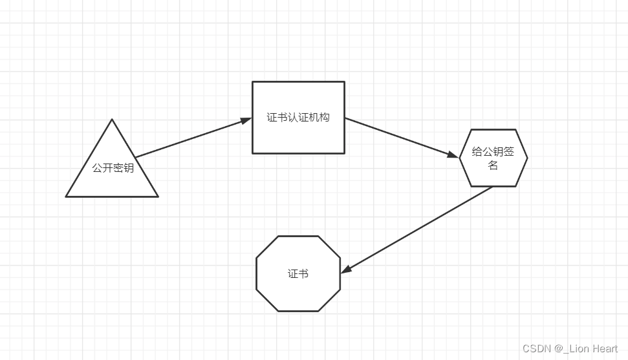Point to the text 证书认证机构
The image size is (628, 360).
tap(298, 118)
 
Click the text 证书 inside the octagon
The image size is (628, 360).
tap(298, 274)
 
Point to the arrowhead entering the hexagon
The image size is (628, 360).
tap(452, 154)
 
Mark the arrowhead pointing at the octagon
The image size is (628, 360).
tap(346, 268)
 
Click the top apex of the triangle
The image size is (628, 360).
tap(112, 120)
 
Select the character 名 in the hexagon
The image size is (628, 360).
tap(493, 165)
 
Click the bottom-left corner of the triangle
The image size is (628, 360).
tap(67, 196)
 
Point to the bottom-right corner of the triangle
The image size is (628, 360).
tap(157, 196)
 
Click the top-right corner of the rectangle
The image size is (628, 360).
tap(344, 82)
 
